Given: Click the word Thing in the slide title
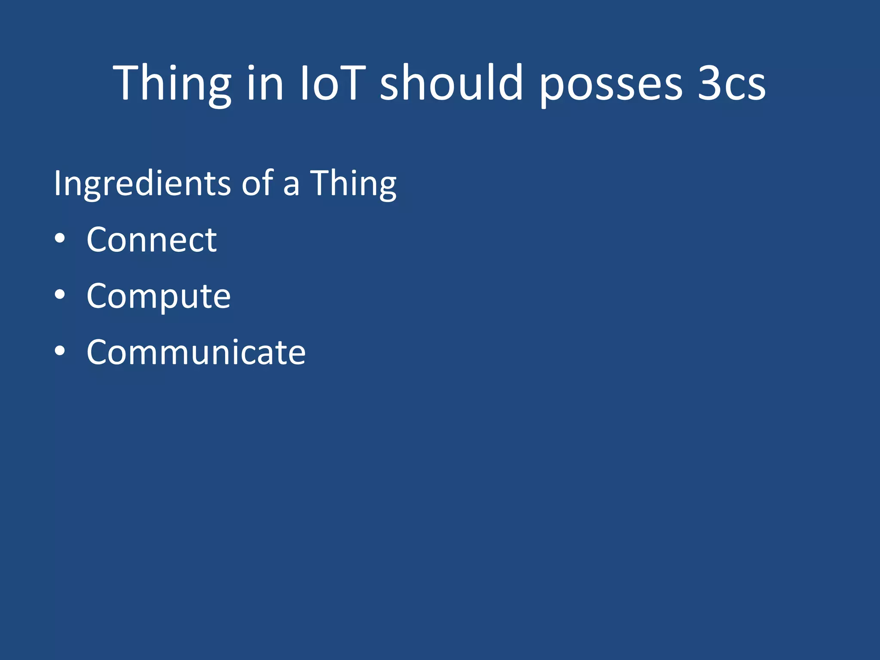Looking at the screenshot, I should pyautogui.click(x=172, y=84).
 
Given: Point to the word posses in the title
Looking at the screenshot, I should pyautogui.click(x=611, y=86).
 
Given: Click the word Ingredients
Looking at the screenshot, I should pyautogui.click(x=142, y=184).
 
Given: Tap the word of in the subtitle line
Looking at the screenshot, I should pyautogui.click(x=257, y=184).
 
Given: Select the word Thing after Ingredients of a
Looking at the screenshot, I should pyautogui.click(x=353, y=184).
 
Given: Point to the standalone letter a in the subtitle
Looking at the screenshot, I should pyautogui.click(x=291, y=186).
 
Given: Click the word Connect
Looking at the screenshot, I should pyautogui.click(x=152, y=240).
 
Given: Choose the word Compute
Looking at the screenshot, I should pyautogui.click(x=159, y=296).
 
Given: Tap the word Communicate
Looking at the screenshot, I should pyautogui.click(x=196, y=352).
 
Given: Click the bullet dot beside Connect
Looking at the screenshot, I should pyautogui.click(x=60, y=239).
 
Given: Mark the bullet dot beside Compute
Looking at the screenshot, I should pyautogui.click(x=60, y=295).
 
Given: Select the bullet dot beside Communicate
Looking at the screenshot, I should pyautogui.click(x=60, y=351).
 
